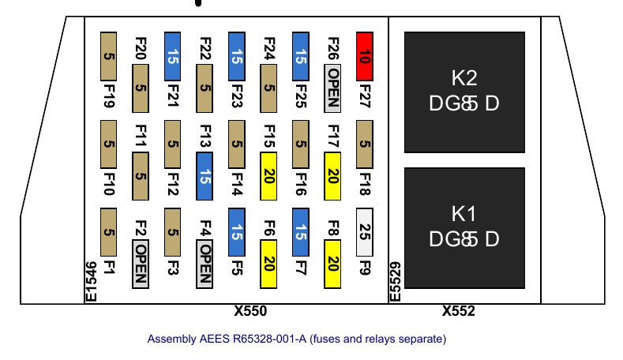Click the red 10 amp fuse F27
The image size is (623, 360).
click(x=364, y=55)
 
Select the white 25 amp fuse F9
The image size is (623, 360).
click(x=364, y=231)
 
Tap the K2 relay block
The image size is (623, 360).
click(x=464, y=92)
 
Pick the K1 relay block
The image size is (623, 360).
click(x=464, y=227)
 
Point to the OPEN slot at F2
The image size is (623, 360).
click(x=141, y=264)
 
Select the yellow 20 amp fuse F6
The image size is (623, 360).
click(x=268, y=264)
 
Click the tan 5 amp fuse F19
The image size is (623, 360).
click(x=109, y=55)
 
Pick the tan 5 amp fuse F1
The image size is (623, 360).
click(x=109, y=231)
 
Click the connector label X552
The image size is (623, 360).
click(x=459, y=312)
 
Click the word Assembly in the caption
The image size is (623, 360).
click(x=169, y=339)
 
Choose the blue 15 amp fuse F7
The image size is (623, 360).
click(x=300, y=231)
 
